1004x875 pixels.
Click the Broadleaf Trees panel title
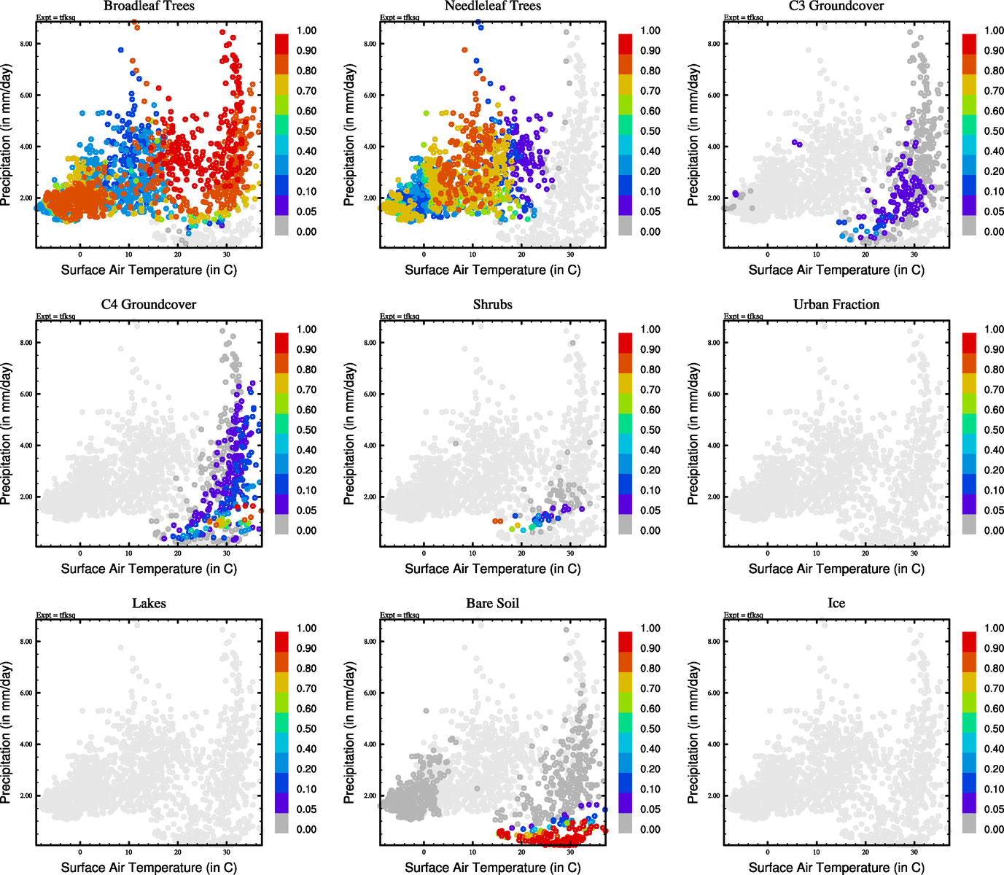click(x=149, y=6)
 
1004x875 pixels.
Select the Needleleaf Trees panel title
click(x=493, y=6)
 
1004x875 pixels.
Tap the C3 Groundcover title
click(x=836, y=6)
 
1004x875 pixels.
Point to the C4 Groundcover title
click(x=149, y=305)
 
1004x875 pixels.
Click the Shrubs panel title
click(x=493, y=305)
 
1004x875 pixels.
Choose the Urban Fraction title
click(x=836, y=305)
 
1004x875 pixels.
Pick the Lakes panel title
click(x=149, y=604)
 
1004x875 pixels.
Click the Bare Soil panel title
click(x=493, y=604)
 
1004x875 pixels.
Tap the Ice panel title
click(x=836, y=604)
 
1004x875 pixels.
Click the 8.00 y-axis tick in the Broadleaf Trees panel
click(x=26, y=44)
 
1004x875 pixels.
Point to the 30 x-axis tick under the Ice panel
click(x=914, y=852)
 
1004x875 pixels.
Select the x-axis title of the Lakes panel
click(x=149, y=868)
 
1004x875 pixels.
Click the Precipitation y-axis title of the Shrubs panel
click(x=349, y=434)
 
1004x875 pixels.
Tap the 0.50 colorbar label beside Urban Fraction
click(x=994, y=430)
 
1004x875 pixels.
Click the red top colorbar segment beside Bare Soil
click(x=626, y=642)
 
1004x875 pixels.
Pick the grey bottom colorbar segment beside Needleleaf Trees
click(x=626, y=225)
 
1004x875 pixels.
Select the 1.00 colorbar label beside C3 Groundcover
click(x=994, y=31)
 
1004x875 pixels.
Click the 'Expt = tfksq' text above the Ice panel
click(x=744, y=615)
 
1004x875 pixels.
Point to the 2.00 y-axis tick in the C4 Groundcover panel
click(x=26, y=497)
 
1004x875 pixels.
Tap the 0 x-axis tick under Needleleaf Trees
click(x=424, y=254)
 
